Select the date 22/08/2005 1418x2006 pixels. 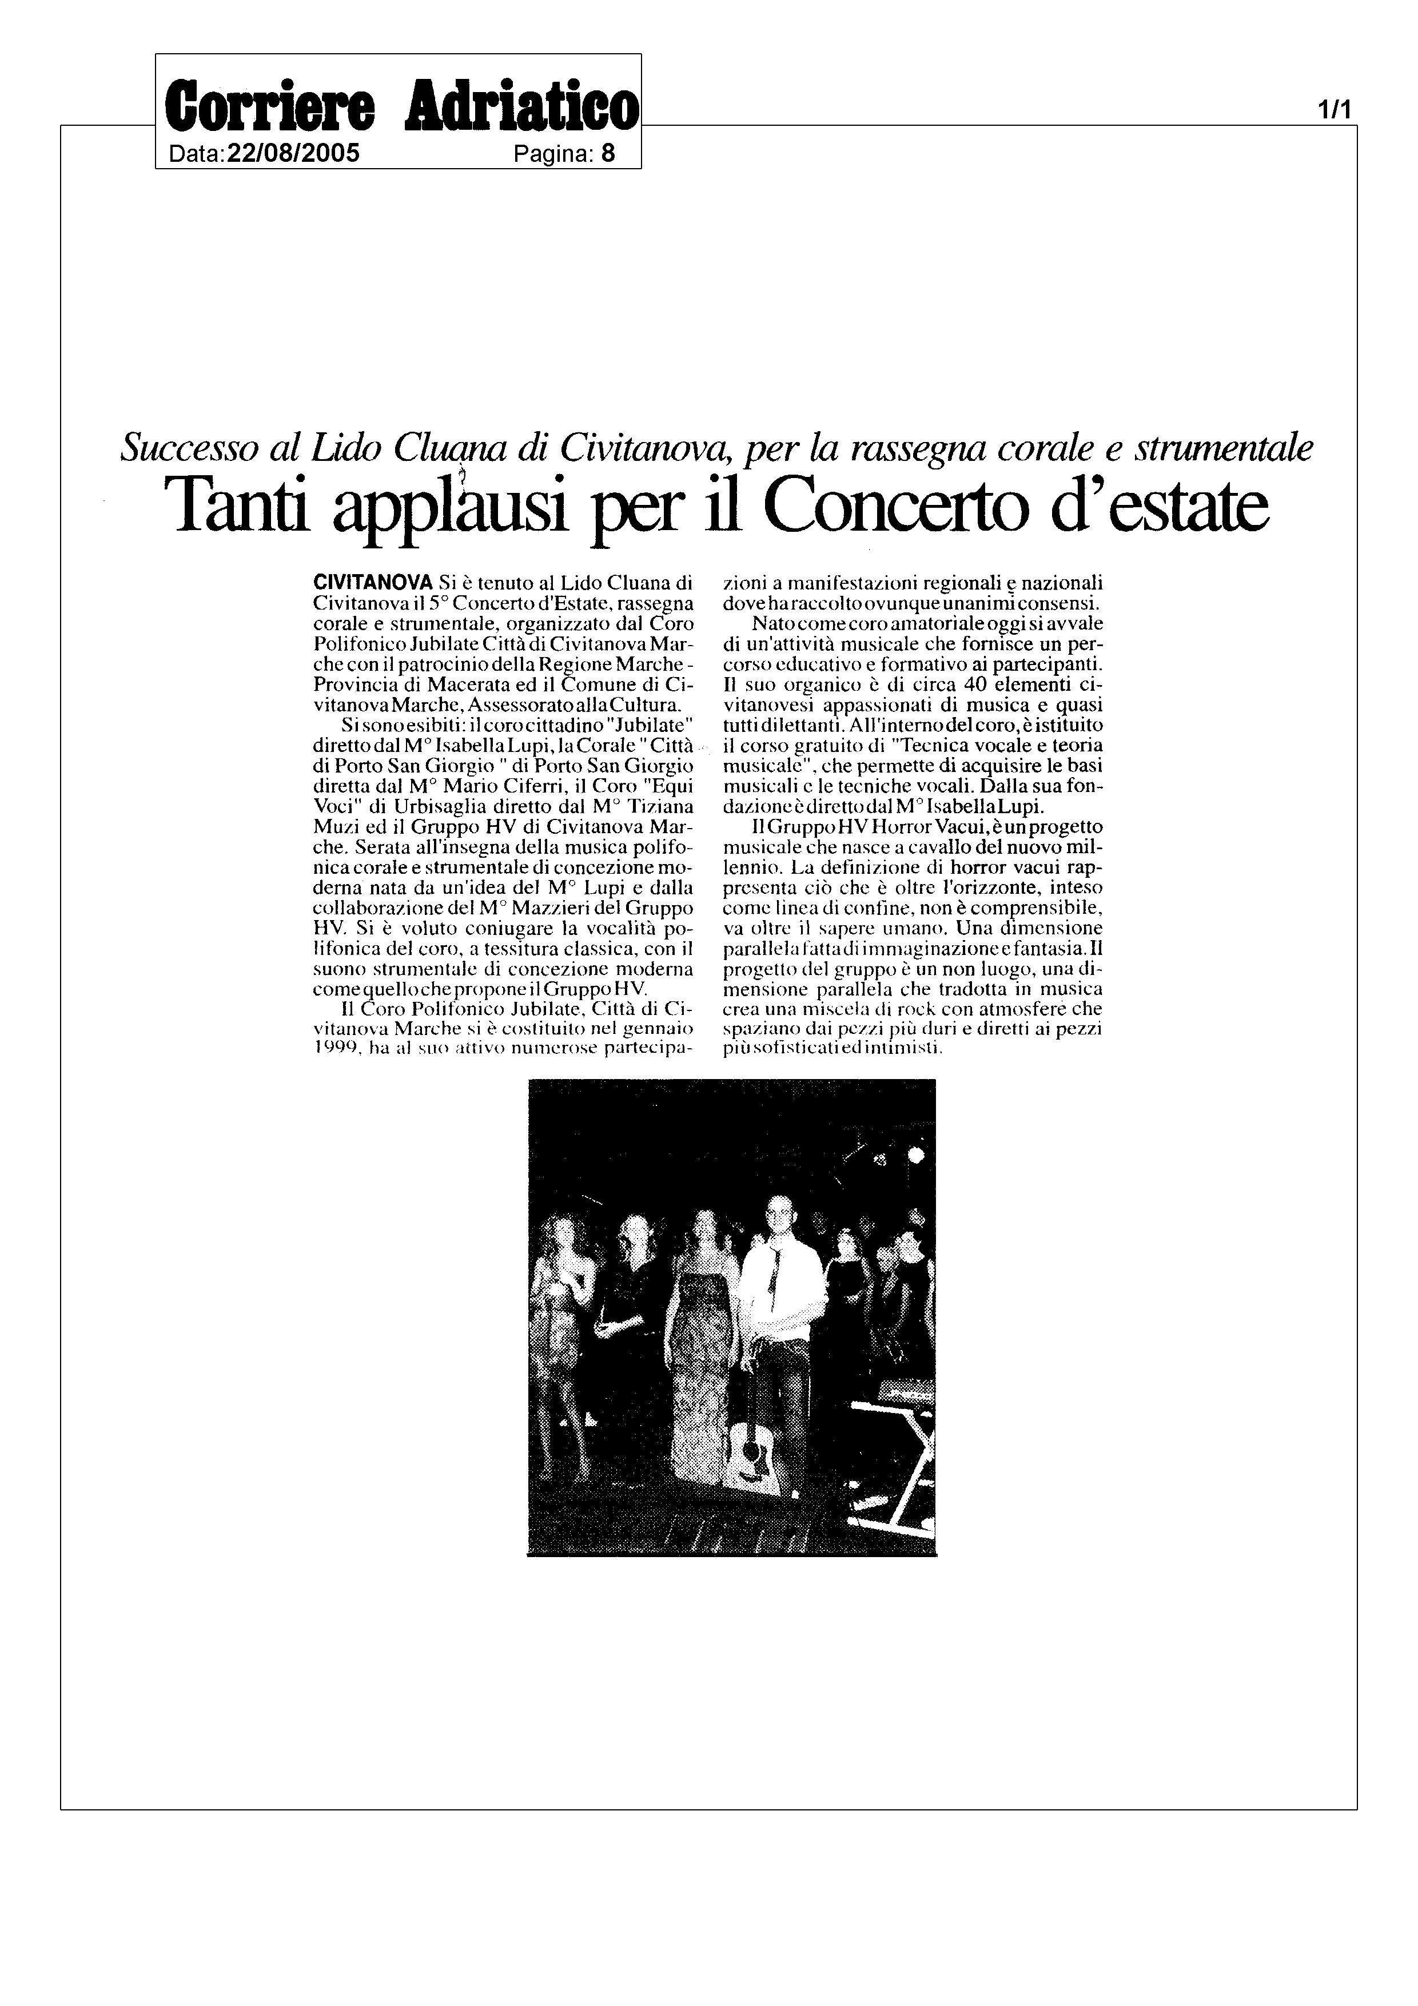[x=293, y=154]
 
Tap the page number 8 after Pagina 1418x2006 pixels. [x=608, y=154]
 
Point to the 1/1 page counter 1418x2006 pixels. [x=1334, y=110]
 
